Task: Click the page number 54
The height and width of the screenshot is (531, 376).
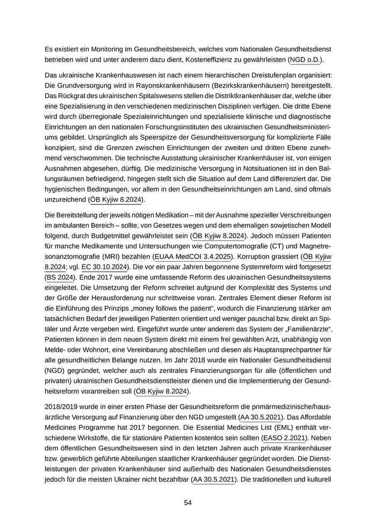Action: pyautogui.click(x=187, y=503)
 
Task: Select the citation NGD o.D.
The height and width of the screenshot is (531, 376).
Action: pyautogui.click(x=308, y=60)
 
